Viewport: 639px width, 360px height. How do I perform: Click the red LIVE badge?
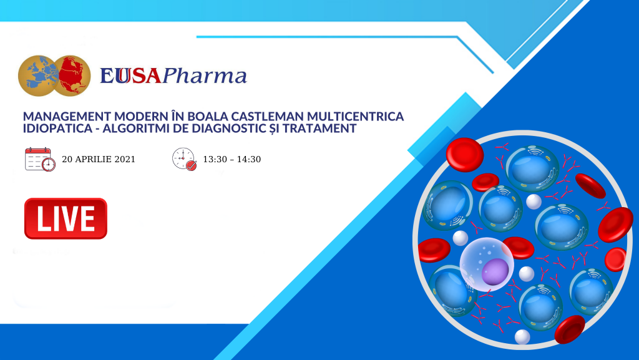(x=66, y=219)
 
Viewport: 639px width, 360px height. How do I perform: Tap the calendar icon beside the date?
(x=40, y=159)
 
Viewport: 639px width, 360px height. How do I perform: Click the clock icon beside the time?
(x=184, y=159)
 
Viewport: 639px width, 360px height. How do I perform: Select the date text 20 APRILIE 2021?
(x=99, y=159)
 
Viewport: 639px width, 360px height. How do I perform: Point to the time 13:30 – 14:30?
(x=232, y=159)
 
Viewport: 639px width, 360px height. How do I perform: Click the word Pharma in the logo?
(x=205, y=76)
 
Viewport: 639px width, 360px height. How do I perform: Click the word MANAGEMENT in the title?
(x=67, y=117)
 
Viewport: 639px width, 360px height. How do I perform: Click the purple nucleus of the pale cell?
(x=495, y=271)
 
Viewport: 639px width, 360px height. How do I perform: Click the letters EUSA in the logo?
(x=131, y=76)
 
